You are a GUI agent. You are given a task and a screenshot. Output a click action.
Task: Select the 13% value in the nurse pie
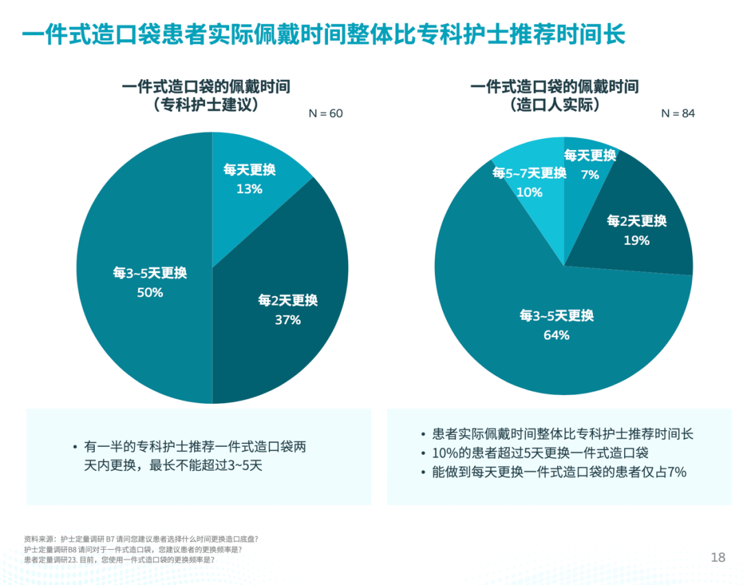pyautogui.click(x=249, y=189)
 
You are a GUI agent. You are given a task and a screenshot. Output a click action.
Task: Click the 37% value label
pyautogui.click(x=288, y=319)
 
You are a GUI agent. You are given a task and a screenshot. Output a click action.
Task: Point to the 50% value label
pyautogui.click(x=150, y=292)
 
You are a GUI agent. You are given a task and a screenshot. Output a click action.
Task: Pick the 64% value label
pyautogui.click(x=557, y=335)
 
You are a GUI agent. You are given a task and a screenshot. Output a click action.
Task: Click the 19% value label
pyautogui.click(x=636, y=240)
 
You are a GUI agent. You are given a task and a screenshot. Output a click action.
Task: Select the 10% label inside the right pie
pyautogui.click(x=529, y=192)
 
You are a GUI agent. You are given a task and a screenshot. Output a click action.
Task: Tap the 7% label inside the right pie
pyautogui.click(x=590, y=175)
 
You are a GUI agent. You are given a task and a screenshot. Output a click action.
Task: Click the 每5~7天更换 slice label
pyautogui.click(x=529, y=173)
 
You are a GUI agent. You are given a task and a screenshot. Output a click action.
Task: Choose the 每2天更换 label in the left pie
pyautogui.click(x=288, y=300)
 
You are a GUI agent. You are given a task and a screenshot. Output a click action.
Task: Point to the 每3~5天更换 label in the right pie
pyautogui.click(x=557, y=316)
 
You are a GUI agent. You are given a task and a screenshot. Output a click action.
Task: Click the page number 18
pyautogui.click(x=718, y=557)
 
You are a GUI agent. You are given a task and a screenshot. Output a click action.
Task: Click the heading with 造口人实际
pyautogui.click(x=554, y=105)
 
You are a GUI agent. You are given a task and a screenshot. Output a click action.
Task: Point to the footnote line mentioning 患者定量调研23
pyautogui.click(x=118, y=560)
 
